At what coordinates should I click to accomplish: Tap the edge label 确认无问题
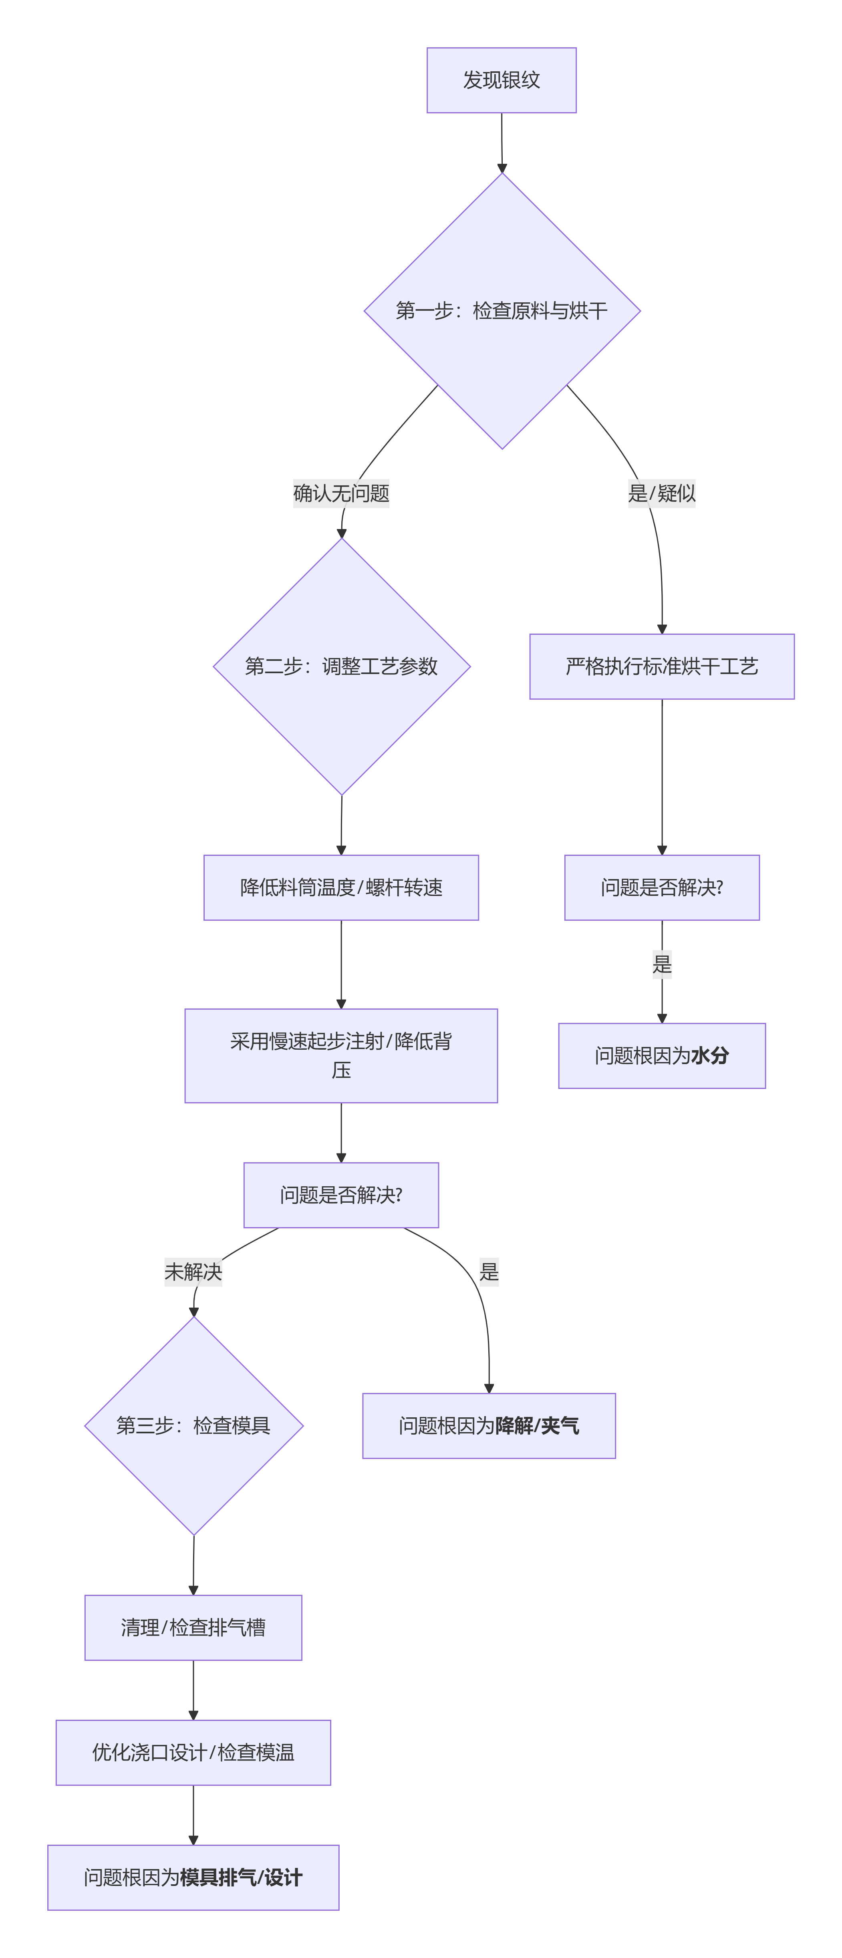pyautogui.click(x=341, y=493)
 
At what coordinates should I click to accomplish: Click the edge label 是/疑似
pyautogui.click(x=661, y=493)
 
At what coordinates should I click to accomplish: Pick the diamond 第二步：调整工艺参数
pyautogui.click(x=341, y=666)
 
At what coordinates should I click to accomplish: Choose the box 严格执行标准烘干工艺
pyautogui.click(x=661, y=666)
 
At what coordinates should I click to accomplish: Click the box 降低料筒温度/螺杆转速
pyautogui.click(x=341, y=887)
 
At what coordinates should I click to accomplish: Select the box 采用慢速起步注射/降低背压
pyautogui.click(x=341, y=1055)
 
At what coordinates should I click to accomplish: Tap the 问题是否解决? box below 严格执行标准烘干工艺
pyautogui.click(x=661, y=887)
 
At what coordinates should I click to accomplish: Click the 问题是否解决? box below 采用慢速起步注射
pyautogui.click(x=341, y=1195)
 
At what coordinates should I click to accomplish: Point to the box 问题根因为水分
pyautogui.click(x=661, y=1055)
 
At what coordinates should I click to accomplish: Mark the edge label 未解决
pyautogui.click(x=193, y=1272)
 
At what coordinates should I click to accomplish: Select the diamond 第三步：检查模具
pyautogui.click(x=194, y=1425)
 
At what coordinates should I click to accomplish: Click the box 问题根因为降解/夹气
pyautogui.click(x=489, y=1425)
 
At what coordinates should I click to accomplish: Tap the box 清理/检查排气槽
pyautogui.click(x=193, y=1627)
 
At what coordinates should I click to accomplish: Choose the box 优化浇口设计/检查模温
pyautogui.click(x=193, y=1752)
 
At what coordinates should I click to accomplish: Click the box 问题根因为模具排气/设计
pyautogui.click(x=193, y=1877)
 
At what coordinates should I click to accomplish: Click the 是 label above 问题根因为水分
pyautogui.click(x=662, y=964)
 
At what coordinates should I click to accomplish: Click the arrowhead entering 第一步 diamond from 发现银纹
pyautogui.click(x=502, y=168)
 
